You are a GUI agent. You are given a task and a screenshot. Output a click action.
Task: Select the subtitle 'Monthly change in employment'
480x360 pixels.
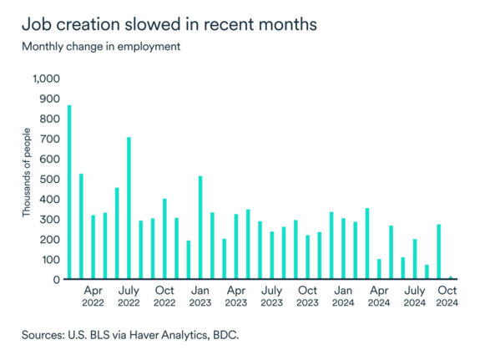(x=101, y=46)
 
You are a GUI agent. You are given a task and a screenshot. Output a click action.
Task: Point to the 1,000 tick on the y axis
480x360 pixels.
(x=47, y=79)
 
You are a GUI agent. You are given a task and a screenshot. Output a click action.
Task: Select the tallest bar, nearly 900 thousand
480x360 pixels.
(x=68, y=192)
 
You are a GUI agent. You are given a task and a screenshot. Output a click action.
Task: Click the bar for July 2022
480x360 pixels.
(x=129, y=208)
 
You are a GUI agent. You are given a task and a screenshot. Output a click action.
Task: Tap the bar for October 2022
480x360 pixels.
(x=164, y=239)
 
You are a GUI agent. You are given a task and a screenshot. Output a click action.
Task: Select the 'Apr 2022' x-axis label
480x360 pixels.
(x=93, y=297)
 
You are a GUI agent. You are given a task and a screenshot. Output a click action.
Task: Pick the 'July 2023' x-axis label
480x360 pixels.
(x=272, y=297)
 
